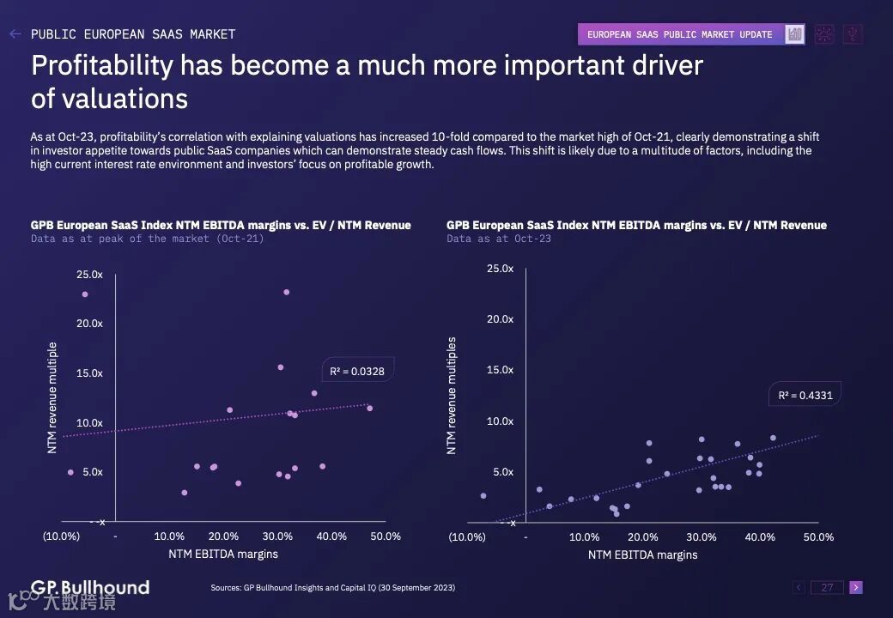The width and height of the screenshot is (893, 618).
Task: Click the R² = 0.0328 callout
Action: point(357,372)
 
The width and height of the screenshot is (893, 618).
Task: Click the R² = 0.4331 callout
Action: point(805,396)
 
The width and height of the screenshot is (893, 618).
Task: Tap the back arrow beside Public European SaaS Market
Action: point(15,34)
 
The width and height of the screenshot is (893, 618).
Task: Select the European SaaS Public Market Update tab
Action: point(679,34)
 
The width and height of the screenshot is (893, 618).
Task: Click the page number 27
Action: point(827,588)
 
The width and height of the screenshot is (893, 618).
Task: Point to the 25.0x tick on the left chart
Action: point(89,275)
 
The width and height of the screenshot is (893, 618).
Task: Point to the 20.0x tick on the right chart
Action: point(500,319)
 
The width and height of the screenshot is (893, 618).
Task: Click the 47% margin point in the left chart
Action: point(370,409)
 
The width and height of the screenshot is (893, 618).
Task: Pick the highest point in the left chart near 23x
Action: point(287,292)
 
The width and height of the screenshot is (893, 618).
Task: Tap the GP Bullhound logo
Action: point(90,588)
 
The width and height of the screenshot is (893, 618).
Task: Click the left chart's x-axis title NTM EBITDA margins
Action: point(223,554)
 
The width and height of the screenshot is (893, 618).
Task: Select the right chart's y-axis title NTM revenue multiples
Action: point(453,396)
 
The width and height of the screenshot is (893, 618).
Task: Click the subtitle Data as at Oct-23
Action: point(499,239)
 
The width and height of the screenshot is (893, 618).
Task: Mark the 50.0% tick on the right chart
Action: point(818,537)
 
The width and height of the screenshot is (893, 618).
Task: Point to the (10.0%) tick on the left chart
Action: point(61,536)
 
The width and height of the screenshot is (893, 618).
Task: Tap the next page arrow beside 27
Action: point(855,588)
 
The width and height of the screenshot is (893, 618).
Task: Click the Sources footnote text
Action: point(332,588)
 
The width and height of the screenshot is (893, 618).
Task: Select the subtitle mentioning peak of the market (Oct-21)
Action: point(147,239)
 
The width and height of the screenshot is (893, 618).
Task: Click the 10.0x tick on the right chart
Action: point(500,421)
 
